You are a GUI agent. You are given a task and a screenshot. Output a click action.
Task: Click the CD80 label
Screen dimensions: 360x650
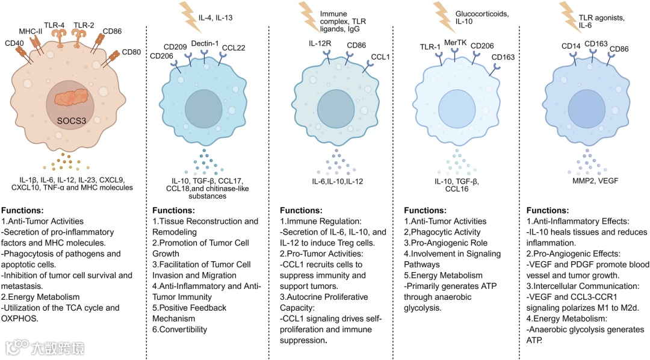[x=131, y=52]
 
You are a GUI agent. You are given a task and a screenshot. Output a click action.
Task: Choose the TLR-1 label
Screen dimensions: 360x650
[x=430, y=46]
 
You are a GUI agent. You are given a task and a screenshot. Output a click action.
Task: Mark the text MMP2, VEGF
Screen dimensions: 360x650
[x=587, y=179]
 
